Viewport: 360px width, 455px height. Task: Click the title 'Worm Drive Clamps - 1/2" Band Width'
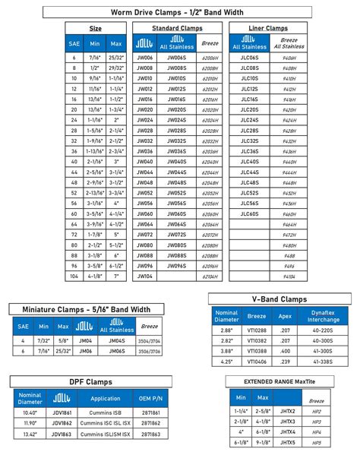(179, 11)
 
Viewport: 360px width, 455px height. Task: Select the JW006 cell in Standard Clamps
(144, 57)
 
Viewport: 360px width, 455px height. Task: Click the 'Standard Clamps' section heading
(176, 27)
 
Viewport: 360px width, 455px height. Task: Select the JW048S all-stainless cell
(176, 183)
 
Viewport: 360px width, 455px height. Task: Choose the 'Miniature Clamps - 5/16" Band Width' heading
(86, 308)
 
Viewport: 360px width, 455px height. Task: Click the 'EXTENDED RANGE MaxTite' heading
(278, 381)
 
